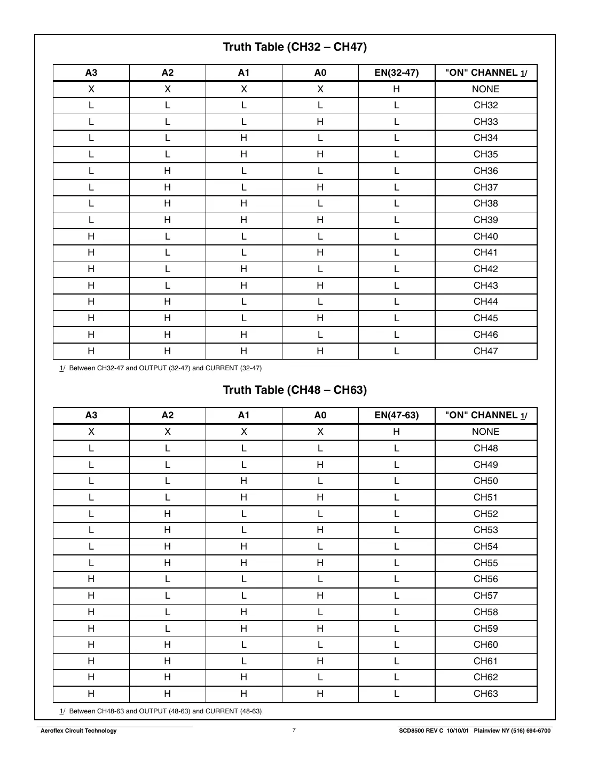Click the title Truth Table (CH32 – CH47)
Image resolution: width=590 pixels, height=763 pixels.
point(295,47)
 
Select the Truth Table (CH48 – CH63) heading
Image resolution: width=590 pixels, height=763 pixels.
point(295,390)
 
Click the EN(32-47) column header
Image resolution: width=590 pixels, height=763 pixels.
point(396,73)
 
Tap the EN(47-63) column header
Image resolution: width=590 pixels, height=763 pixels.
point(396,415)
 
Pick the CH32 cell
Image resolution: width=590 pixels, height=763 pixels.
point(485,105)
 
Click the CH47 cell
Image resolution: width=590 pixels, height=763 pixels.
point(485,351)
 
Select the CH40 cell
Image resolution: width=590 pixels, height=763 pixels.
point(485,236)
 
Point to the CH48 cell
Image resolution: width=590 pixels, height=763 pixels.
point(485,448)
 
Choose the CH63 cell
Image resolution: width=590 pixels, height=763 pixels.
point(485,694)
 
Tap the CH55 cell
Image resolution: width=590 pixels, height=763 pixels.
point(485,563)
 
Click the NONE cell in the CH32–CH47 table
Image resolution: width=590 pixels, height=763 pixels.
point(485,89)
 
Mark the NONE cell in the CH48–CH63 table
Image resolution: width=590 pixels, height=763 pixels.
point(485,432)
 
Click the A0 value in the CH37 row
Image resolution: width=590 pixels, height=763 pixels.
point(320,187)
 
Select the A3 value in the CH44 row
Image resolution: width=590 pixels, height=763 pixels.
point(91,301)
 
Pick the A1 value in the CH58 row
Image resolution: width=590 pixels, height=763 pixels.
point(243,612)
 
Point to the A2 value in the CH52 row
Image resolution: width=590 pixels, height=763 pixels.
point(168,514)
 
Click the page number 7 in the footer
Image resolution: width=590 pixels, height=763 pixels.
point(294,730)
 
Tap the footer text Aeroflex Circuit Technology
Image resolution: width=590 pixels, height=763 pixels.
point(78,731)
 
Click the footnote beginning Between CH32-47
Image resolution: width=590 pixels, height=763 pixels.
point(165,368)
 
